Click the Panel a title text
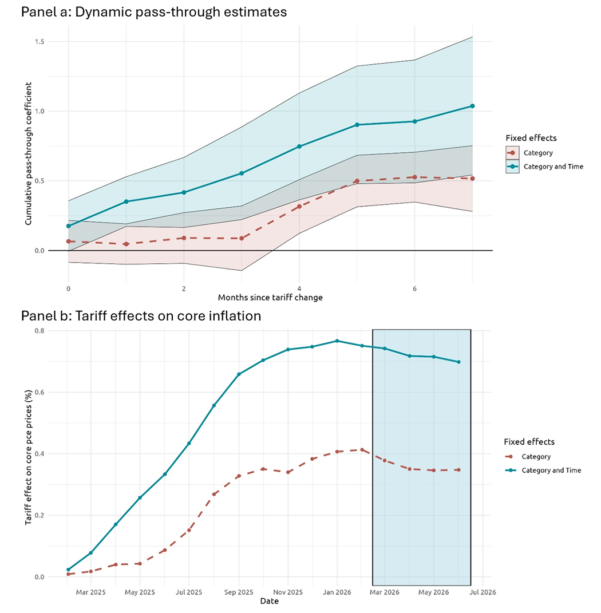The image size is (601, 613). tap(154, 11)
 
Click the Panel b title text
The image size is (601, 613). tap(141, 316)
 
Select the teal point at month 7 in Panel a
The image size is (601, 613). tap(472, 106)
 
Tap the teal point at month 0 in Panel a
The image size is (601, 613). tap(68, 226)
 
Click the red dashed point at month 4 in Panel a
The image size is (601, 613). tap(299, 206)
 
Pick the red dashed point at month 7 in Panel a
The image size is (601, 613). tap(472, 179)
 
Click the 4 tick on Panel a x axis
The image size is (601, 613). tap(299, 288)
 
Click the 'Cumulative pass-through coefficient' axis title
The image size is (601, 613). tap(27, 153)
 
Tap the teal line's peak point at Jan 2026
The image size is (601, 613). tap(337, 341)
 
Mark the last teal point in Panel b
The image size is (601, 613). tap(459, 362)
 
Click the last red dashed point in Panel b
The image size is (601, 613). tap(459, 470)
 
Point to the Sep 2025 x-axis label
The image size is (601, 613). tap(239, 592)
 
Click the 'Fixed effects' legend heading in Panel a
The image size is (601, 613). tap(531, 138)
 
